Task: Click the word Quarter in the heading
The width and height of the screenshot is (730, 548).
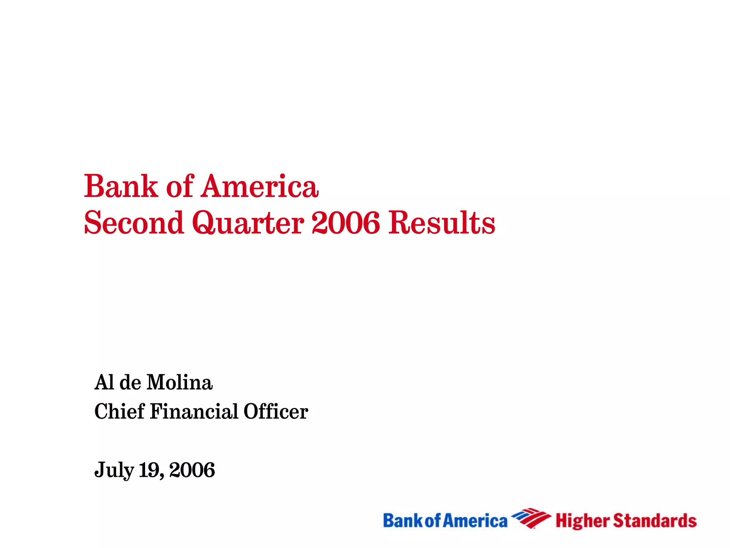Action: click(248, 223)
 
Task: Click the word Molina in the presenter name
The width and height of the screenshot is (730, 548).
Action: click(180, 382)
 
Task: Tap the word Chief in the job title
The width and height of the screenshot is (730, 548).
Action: click(119, 411)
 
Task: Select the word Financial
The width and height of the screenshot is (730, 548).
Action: click(194, 411)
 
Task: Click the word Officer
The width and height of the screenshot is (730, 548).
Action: click(276, 411)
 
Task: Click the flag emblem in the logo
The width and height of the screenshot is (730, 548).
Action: click(531, 518)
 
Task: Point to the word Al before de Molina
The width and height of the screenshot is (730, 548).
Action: click(104, 382)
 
